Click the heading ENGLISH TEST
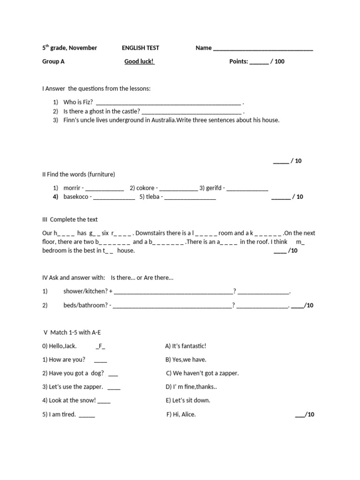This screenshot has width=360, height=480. tap(140, 48)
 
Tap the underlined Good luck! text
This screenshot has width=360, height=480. tap(139, 61)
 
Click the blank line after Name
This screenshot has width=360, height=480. tap(263, 48)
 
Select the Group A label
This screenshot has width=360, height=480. tap(53, 61)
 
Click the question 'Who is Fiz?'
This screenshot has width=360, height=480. tap(78, 102)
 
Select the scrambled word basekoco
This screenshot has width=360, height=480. tap(76, 197)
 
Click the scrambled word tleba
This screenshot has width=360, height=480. tap(152, 197)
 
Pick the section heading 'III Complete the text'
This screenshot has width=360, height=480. tap(70, 219)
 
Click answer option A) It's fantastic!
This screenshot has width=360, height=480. tap(186, 346)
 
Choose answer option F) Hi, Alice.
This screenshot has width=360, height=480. tap(181, 414)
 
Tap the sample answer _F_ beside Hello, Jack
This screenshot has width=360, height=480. tap(100, 346)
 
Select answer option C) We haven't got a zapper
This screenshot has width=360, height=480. tap(202, 373)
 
